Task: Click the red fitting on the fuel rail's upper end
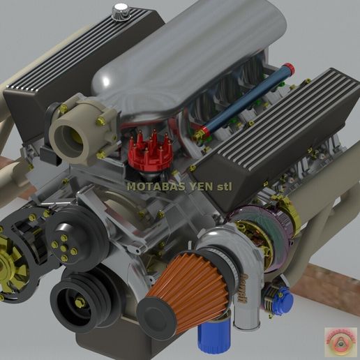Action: (x=288, y=68)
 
